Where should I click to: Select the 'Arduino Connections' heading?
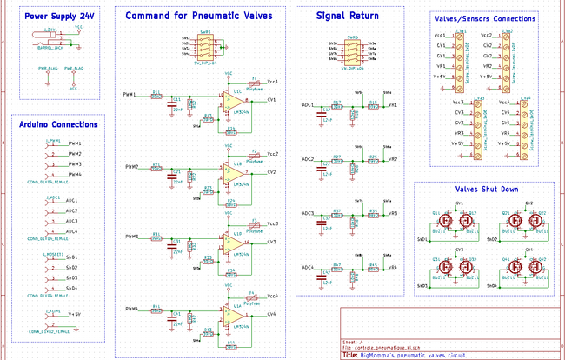click(58, 124)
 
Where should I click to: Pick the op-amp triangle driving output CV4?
click(237, 314)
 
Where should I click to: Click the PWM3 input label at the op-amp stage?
click(130, 237)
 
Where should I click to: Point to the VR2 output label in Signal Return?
click(394, 160)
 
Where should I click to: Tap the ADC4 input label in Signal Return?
click(308, 268)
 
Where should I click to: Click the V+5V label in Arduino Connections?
click(74, 314)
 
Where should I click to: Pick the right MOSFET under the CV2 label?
click(535, 221)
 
